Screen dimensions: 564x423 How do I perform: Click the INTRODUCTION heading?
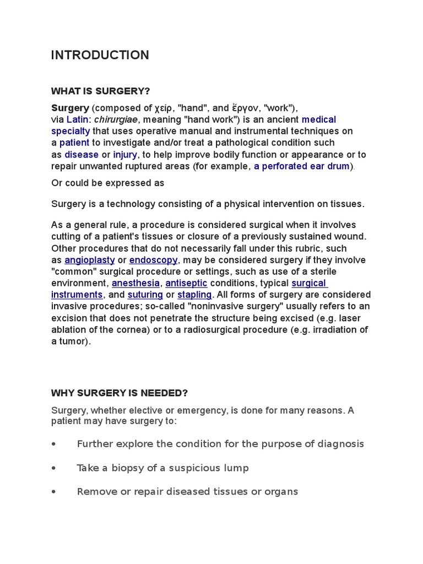[100, 55]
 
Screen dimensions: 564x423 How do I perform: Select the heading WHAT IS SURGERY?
[100, 90]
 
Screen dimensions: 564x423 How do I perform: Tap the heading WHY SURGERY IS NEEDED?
[120, 393]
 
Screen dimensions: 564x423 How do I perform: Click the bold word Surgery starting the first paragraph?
[70, 107]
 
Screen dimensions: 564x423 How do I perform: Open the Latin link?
[77, 120]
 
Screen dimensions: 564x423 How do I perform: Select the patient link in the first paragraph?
[74, 143]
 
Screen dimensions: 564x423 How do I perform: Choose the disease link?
[82, 154]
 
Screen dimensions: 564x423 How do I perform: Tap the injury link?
[125, 154]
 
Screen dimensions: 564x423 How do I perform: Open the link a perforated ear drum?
[302, 166]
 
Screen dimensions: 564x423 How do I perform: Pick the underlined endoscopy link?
[153, 260]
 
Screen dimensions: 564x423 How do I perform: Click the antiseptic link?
[186, 283]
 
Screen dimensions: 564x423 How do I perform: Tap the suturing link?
[145, 295]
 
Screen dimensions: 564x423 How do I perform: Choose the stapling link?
[194, 295]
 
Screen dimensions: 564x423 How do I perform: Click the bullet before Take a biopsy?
[53, 468]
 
